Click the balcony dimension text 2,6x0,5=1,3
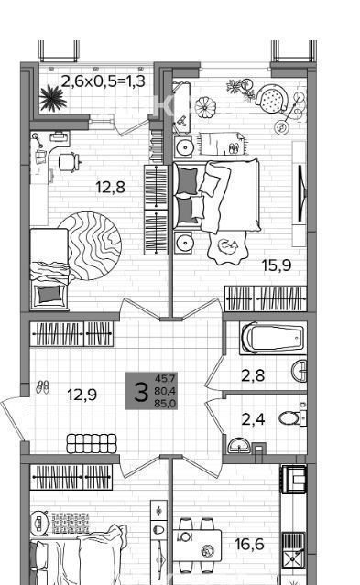[x=104, y=81]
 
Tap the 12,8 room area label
[x=111, y=187]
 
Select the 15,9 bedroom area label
[x=277, y=265]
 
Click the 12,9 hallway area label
[x=82, y=395]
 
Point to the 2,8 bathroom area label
[x=253, y=375]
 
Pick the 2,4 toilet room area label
[x=253, y=419]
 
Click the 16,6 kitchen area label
[x=249, y=544]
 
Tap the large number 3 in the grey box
[x=141, y=392]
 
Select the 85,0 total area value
[x=166, y=404]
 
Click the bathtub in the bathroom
[x=273, y=339]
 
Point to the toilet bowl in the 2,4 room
[x=289, y=418]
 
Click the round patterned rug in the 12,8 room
[x=90, y=245]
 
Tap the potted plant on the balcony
[x=53, y=98]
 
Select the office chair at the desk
[x=70, y=162]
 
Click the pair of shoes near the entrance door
[x=42, y=387]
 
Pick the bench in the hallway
[x=92, y=443]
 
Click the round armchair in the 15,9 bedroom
[x=272, y=99]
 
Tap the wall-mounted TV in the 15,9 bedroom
[x=301, y=194]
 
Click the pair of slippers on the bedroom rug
[x=234, y=148]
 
